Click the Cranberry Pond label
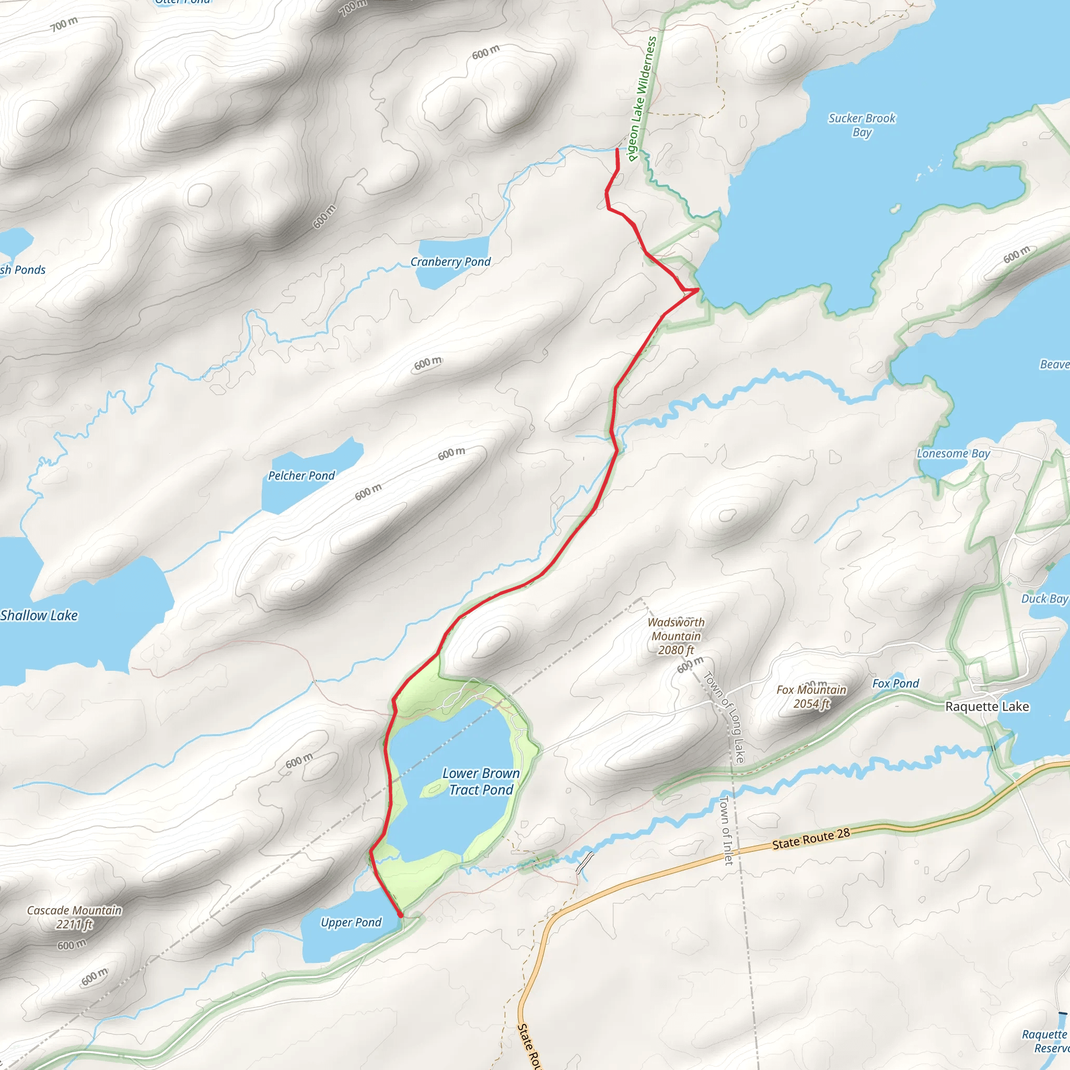pyautogui.click(x=450, y=262)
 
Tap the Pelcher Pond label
pyautogui.click(x=301, y=476)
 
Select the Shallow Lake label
pyautogui.click(x=39, y=615)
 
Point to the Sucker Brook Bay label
pyautogui.click(x=862, y=125)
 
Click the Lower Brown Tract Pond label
pyautogui.click(x=481, y=782)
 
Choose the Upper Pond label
pyautogui.click(x=351, y=922)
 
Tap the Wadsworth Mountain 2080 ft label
pyautogui.click(x=676, y=636)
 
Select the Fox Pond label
pyautogui.click(x=895, y=683)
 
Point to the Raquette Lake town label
pyautogui.click(x=987, y=706)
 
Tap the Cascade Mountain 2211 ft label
pyautogui.click(x=74, y=917)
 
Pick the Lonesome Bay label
pyautogui.click(x=953, y=453)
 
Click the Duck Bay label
pyautogui.click(x=1044, y=599)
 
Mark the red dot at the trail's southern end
pyautogui.click(x=400, y=915)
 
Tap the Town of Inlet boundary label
pyautogui.click(x=726, y=830)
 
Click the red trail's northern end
pyautogui.click(x=618, y=149)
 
